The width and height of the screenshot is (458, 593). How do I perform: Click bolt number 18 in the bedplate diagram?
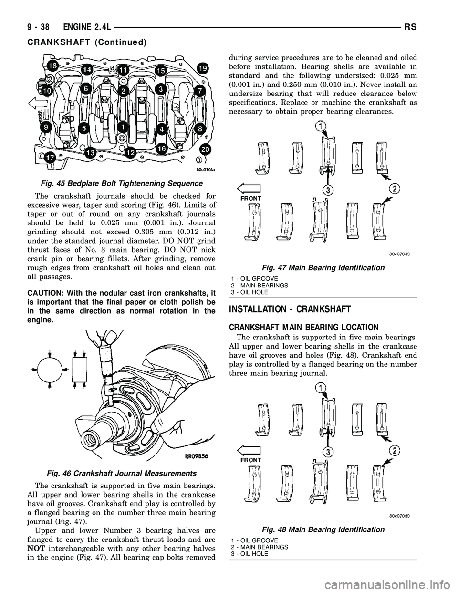point(52,66)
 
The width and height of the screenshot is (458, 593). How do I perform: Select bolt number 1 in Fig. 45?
point(123,127)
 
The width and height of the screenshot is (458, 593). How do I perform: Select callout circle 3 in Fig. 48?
point(327,452)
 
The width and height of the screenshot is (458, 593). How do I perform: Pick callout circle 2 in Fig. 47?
point(394,186)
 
